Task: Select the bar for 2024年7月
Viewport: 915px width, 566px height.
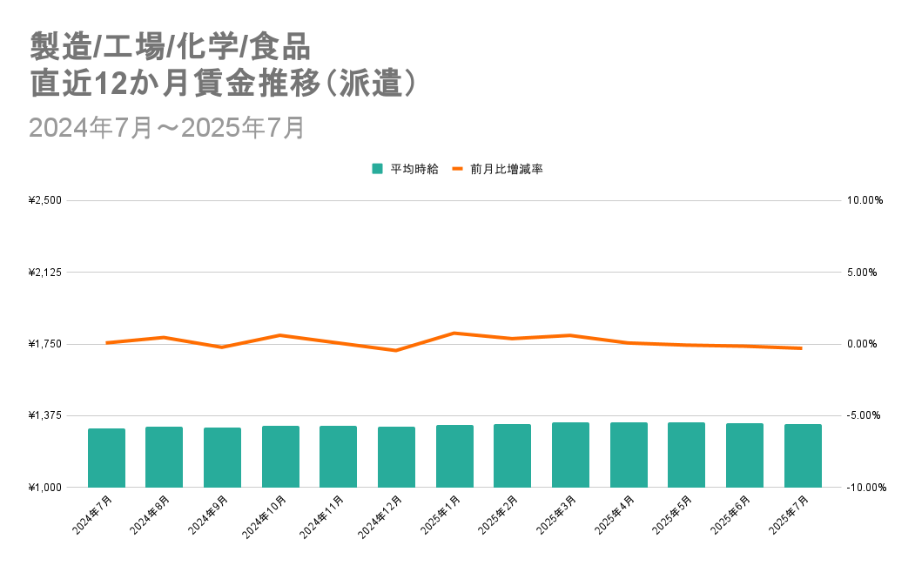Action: [x=106, y=458]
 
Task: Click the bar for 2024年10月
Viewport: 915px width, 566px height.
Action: [x=280, y=456]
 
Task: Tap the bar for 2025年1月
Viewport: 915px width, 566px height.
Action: [x=454, y=456]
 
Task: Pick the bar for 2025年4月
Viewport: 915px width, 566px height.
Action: [x=629, y=455]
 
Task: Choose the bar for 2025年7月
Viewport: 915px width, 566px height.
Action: [x=803, y=455]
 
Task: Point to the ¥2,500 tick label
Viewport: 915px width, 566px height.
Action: [x=45, y=200]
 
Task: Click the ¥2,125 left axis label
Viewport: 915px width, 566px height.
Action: [x=45, y=273]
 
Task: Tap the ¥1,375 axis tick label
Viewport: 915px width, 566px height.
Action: [x=45, y=415]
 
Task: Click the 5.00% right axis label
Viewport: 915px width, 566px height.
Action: [x=865, y=273]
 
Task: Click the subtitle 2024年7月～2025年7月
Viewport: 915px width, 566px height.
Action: [x=166, y=127]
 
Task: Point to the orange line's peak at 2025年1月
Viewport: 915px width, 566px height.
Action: [x=454, y=333]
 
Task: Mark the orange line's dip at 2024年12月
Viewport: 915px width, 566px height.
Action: [x=396, y=350]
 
